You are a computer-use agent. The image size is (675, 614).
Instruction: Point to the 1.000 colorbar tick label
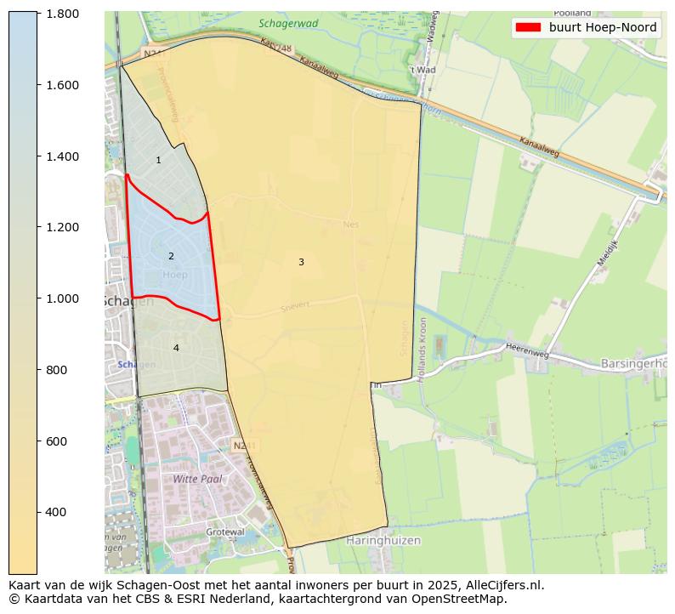tap(63, 298)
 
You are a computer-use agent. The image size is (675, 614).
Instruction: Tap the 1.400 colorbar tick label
tap(63, 156)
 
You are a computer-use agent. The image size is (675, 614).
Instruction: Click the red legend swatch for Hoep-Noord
tap(528, 27)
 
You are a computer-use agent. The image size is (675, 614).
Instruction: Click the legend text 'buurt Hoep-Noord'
tap(602, 27)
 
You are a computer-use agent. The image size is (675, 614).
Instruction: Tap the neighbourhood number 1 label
tap(158, 160)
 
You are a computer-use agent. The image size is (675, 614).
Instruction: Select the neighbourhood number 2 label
tap(171, 256)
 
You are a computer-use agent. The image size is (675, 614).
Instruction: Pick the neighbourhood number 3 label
tap(301, 262)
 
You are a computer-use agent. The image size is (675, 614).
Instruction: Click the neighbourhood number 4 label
tap(176, 348)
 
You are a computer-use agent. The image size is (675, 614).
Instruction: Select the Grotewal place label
tap(225, 532)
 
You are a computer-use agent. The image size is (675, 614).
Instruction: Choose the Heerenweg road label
tap(528, 351)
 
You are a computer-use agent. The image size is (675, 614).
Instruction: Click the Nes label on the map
tap(351, 225)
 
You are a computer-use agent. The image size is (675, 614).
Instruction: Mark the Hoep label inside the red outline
tap(174, 275)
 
